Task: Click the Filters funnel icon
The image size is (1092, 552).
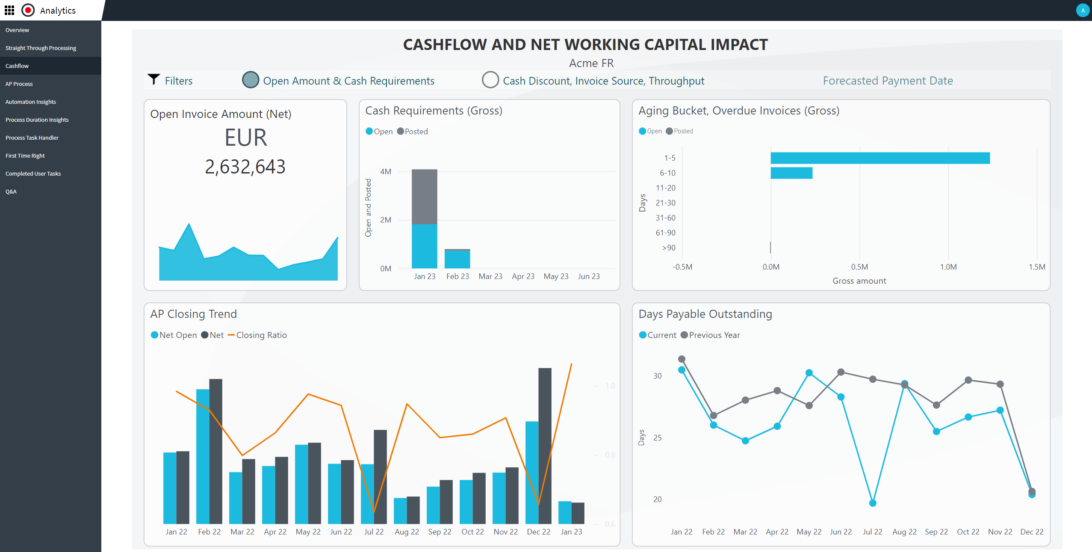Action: pyautogui.click(x=153, y=79)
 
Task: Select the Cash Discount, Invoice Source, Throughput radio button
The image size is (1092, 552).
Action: pyautogui.click(x=490, y=80)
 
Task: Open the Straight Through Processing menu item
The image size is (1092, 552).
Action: pyautogui.click(x=41, y=48)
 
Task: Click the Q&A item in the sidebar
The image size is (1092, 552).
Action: pyautogui.click(x=11, y=191)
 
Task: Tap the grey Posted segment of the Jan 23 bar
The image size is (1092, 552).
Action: pyautogui.click(x=424, y=197)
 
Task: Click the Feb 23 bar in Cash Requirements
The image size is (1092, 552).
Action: pyautogui.click(x=457, y=259)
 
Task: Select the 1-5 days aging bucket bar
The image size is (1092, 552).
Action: pyautogui.click(x=880, y=158)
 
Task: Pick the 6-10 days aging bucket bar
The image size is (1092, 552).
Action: pyautogui.click(x=791, y=173)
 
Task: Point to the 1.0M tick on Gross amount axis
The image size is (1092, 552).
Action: pyautogui.click(x=948, y=267)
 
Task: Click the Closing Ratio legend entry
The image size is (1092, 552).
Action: pyautogui.click(x=257, y=335)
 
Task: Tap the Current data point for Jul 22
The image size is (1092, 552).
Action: pyautogui.click(x=873, y=503)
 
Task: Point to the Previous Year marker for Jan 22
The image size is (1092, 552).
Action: pyautogui.click(x=682, y=359)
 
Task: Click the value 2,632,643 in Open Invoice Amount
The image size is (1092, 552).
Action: pyautogui.click(x=245, y=167)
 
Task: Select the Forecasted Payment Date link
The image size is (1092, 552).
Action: pyautogui.click(x=888, y=81)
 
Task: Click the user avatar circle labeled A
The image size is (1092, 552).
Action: pyautogui.click(x=1083, y=10)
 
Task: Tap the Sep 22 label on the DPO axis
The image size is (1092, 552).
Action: pyautogui.click(x=936, y=532)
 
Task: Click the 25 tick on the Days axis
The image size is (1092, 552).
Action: pyautogui.click(x=657, y=438)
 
